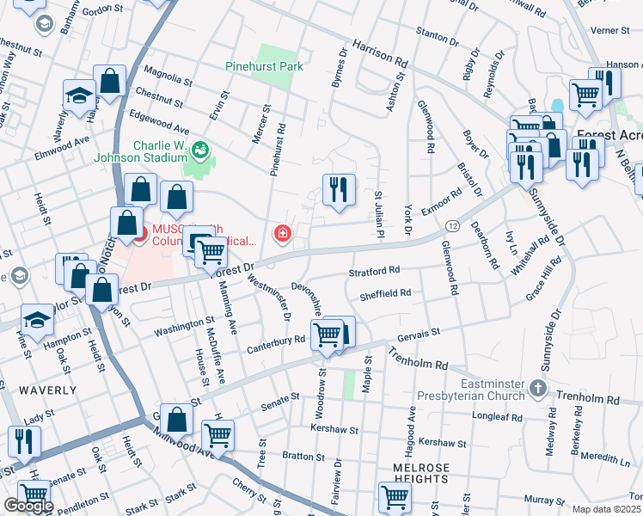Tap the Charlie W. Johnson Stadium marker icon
pyautogui.click(x=201, y=150)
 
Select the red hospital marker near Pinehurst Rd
pyautogui.click(x=281, y=233)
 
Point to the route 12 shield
pyautogui.click(x=451, y=224)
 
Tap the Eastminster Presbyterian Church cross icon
pyautogui.click(x=537, y=387)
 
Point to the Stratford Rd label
pyautogui.click(x=375, y=271)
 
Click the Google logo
pyautogui.click(x=28, y=506)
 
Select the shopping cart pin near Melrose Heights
pyautogui.click(x=395, y=495)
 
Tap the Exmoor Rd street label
pyautogui.click(x=443, y=200)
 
